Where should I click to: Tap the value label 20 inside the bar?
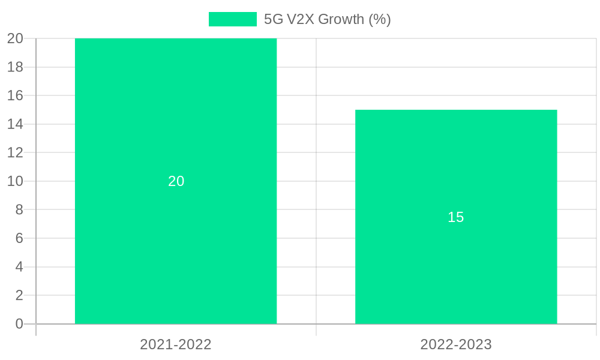pos(176,181)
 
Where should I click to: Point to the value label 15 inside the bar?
pos(456,217)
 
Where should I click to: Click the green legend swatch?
pos(232,19)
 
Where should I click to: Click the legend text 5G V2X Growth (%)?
pos(327,19)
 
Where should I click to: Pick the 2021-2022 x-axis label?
pos(176,344)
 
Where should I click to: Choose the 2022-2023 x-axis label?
pos(456,344)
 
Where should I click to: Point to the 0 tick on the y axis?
pos(19,324)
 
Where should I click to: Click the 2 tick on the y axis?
pos(19,295)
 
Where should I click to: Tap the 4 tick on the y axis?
pos(19,266)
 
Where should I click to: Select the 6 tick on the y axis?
pos(19,238)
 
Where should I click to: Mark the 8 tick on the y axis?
pos(19,209)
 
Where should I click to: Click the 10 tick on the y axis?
pos(15,181)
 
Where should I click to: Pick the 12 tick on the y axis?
pos(15,152)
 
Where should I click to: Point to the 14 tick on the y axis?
pos(15,124)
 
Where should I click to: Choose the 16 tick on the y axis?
pos(15,95)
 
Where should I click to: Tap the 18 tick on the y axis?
pos(15,67)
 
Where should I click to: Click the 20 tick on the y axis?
pos(15,38)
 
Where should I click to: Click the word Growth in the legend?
pos(341,19)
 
